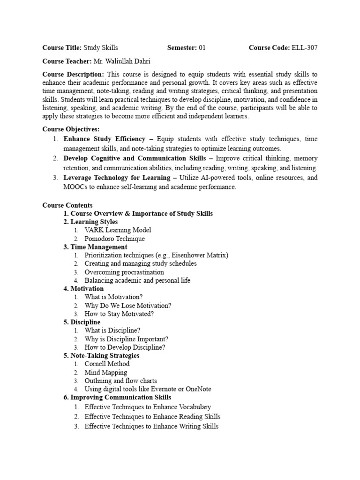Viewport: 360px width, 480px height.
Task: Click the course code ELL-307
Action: [305, 48]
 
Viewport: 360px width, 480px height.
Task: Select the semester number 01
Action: [202, 48]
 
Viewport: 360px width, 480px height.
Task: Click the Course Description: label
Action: [73, 74]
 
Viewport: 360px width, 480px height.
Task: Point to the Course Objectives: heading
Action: [71, 129]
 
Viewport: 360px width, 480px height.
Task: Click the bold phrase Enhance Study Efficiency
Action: [105, 139]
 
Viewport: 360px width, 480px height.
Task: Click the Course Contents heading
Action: [67, 205]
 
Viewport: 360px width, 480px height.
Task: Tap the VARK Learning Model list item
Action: [118, 230]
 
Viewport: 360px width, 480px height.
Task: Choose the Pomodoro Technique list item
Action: [114, 239]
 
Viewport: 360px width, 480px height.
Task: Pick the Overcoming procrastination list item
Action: [124, 272]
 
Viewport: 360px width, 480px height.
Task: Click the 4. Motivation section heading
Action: [83, 289]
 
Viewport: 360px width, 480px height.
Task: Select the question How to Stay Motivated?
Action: [119, 314]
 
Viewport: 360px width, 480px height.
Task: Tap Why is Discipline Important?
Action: [126, 339]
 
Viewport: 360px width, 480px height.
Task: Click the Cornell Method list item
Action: [107, 364]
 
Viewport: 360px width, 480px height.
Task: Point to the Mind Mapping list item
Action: [105, 373]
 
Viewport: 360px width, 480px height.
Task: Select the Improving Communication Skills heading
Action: [117, 397]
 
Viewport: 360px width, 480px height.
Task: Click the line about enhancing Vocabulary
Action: [148, 407]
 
